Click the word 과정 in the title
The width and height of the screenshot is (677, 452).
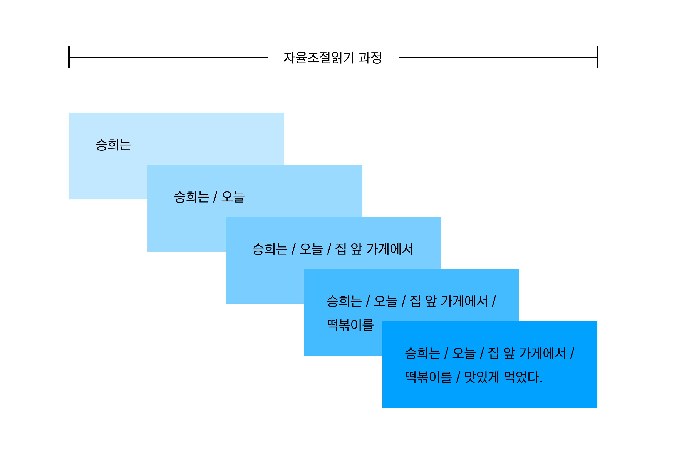370,58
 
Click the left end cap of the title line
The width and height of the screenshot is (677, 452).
69,57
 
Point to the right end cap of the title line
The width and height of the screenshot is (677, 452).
597,57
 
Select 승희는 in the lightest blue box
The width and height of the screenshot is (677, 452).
113,145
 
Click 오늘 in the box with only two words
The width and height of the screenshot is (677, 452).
233,197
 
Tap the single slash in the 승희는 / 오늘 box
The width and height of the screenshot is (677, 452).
215,197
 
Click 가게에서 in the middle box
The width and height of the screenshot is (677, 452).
390,249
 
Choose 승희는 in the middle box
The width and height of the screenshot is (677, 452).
270,249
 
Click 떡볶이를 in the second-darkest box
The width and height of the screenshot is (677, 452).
350,325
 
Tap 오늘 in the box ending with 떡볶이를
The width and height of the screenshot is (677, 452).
385,301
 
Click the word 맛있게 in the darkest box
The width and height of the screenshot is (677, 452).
482,377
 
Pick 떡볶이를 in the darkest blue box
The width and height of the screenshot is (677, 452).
429,377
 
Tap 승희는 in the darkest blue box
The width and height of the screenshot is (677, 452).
422,353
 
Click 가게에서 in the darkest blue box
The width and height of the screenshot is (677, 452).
543,353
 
